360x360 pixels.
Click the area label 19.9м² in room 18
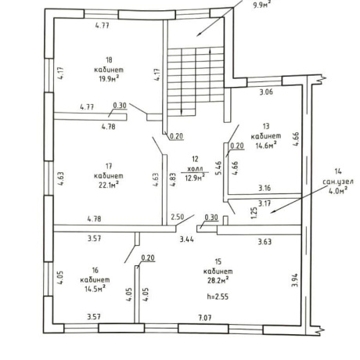click(x=109, y=78)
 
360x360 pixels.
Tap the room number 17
click(x=109, y=166)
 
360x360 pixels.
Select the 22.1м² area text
click(x=109, y=185)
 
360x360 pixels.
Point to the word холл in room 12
click(x=195, y=169)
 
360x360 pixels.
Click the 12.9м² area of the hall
click(x=195, y=178)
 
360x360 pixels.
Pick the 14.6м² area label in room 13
click(x=266, y=145)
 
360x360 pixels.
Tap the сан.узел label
click(x=338, y=182)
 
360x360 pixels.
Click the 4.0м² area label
click(x=338, y=190)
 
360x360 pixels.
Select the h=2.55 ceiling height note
click(x=218, y=297)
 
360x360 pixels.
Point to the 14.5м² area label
click(x=95, y=289)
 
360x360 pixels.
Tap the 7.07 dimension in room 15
click(x=205, y=318)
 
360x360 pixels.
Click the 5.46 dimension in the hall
click(x=218, y=168)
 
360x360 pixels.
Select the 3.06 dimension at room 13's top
click(x=266, y=92)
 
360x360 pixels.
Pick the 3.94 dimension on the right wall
click(x=295, y=280)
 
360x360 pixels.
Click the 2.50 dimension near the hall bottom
click(x=178, y=217)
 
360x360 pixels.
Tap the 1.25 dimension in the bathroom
click(x=254, y=212)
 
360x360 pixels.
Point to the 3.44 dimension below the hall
click(x=187, y=239)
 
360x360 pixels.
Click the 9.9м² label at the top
click(x=262, y=5)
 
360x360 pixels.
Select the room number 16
click(x=95, y=270)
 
